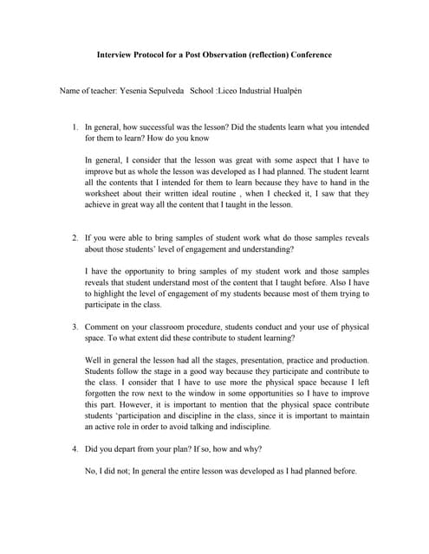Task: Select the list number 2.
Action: pos(75,237)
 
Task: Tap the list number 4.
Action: pos(75,449)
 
